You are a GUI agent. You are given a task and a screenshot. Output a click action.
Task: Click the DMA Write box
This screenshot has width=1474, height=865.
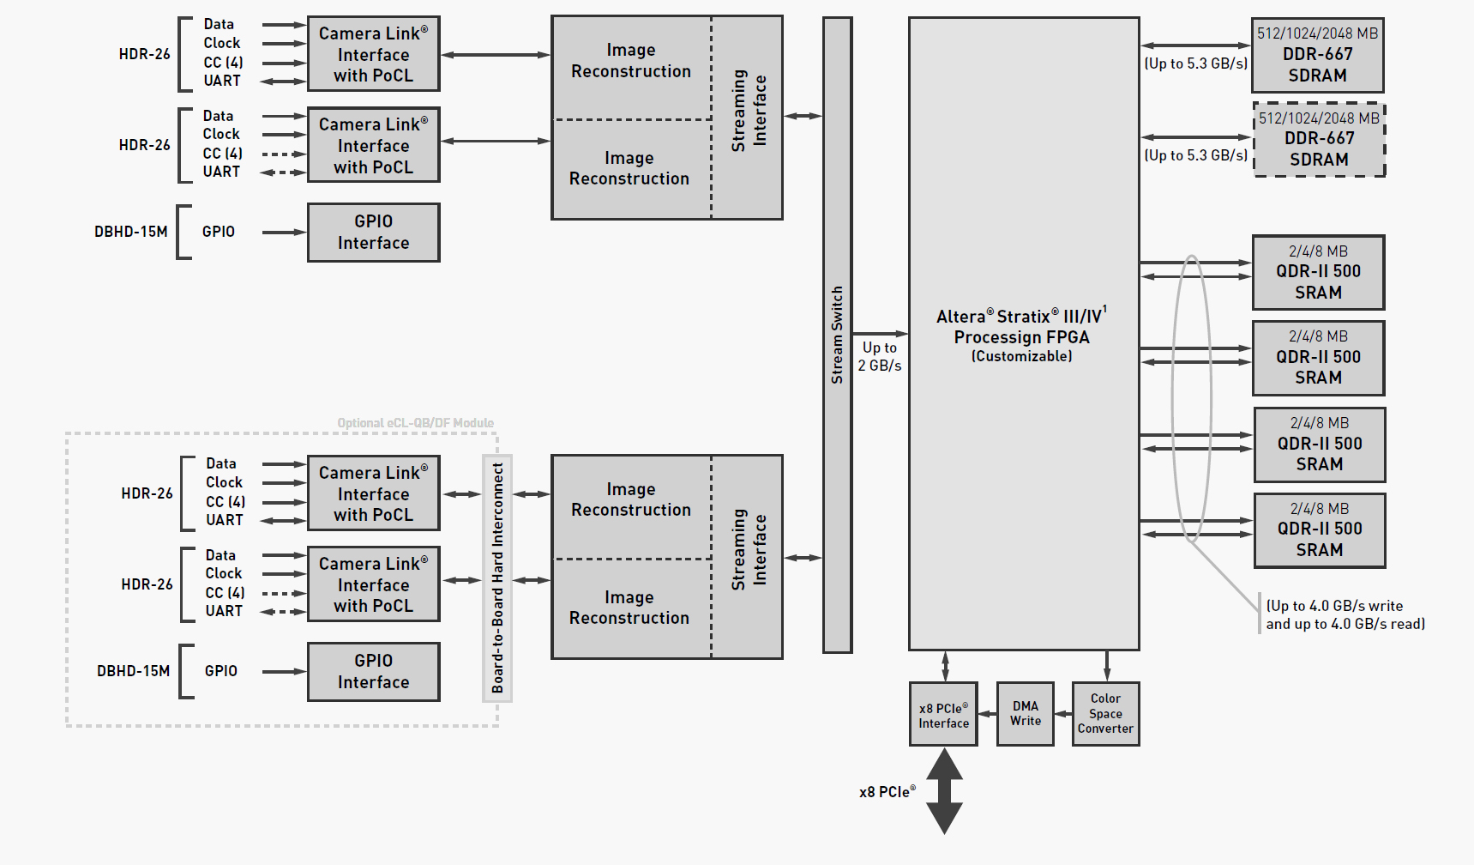pos(1025,713)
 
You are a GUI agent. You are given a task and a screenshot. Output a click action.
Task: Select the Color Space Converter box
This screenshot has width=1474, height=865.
pos(1105,713)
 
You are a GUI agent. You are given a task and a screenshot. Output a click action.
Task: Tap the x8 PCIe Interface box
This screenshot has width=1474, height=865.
pos(943,714)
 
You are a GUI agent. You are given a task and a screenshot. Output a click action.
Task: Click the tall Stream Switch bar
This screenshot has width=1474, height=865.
pos(837,335)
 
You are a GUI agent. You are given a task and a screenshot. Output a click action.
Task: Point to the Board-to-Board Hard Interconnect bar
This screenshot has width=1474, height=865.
pos(497,578)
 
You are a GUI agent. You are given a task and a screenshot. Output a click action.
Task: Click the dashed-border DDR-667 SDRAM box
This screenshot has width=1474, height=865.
pos(1319,140)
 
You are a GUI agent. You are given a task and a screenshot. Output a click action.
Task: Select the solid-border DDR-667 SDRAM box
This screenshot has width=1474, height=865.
pos(1317,55)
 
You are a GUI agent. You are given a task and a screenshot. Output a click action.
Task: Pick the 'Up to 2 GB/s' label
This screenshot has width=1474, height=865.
pos(880,356)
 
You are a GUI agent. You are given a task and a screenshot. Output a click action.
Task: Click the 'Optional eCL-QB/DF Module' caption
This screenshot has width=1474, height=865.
pos(415,423)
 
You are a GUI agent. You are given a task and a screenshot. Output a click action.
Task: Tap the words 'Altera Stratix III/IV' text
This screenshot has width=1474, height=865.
pos(1020,317)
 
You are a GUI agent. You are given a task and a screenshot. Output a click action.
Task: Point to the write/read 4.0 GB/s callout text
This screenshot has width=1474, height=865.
pos(1345,614)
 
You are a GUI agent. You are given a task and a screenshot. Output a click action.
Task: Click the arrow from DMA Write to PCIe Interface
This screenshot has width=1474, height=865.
pos(987,714)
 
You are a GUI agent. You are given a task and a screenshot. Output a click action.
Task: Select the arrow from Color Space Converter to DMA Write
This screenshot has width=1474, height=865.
pos(1063,714)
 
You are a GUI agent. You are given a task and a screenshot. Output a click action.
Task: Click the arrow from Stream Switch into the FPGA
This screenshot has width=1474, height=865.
pos(880,333)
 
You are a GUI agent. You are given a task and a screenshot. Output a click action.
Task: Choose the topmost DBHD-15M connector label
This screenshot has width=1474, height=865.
pos(130,232)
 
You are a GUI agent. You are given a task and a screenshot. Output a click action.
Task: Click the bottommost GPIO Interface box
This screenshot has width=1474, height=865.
pos(373,671)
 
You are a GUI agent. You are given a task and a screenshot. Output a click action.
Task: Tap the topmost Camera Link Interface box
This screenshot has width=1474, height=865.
pos(373,54)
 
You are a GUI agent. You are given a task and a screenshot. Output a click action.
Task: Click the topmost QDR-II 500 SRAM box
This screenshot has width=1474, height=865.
pos(1318,272)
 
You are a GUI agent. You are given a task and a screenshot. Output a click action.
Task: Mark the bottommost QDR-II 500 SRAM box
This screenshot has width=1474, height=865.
pos(1319,529)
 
